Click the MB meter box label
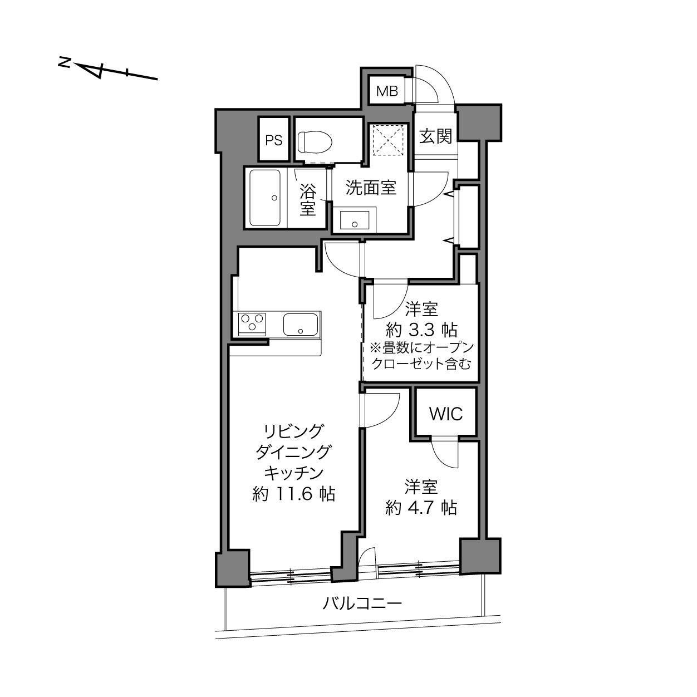[387, 91]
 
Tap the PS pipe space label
[274, 140]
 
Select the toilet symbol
[315, 142]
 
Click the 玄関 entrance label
[435, 136]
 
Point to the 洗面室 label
[371, 188]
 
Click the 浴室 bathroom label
[308, 200]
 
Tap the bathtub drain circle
[274, 198]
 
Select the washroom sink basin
[355, 220]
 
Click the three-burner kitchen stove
[252, 323]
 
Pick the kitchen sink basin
[301, 324]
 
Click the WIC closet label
[445, 414]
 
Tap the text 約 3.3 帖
[421, 330]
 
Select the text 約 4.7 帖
[421, 508]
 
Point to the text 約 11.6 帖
[293, 494]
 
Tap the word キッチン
[293, 473]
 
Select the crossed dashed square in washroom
[387, 140]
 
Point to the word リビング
[293, 431]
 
